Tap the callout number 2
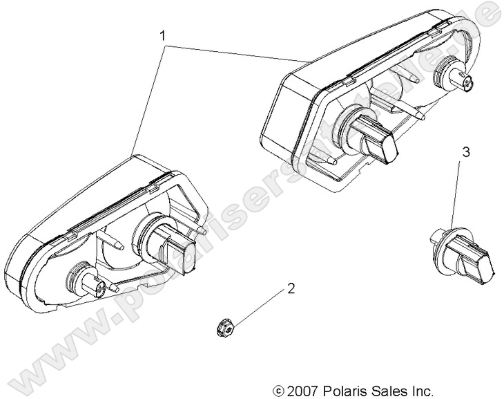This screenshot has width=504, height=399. (x=291, y=289)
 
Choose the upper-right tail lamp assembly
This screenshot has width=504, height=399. (x=359, y=104)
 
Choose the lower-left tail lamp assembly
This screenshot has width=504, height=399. (x=110, y=235)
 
